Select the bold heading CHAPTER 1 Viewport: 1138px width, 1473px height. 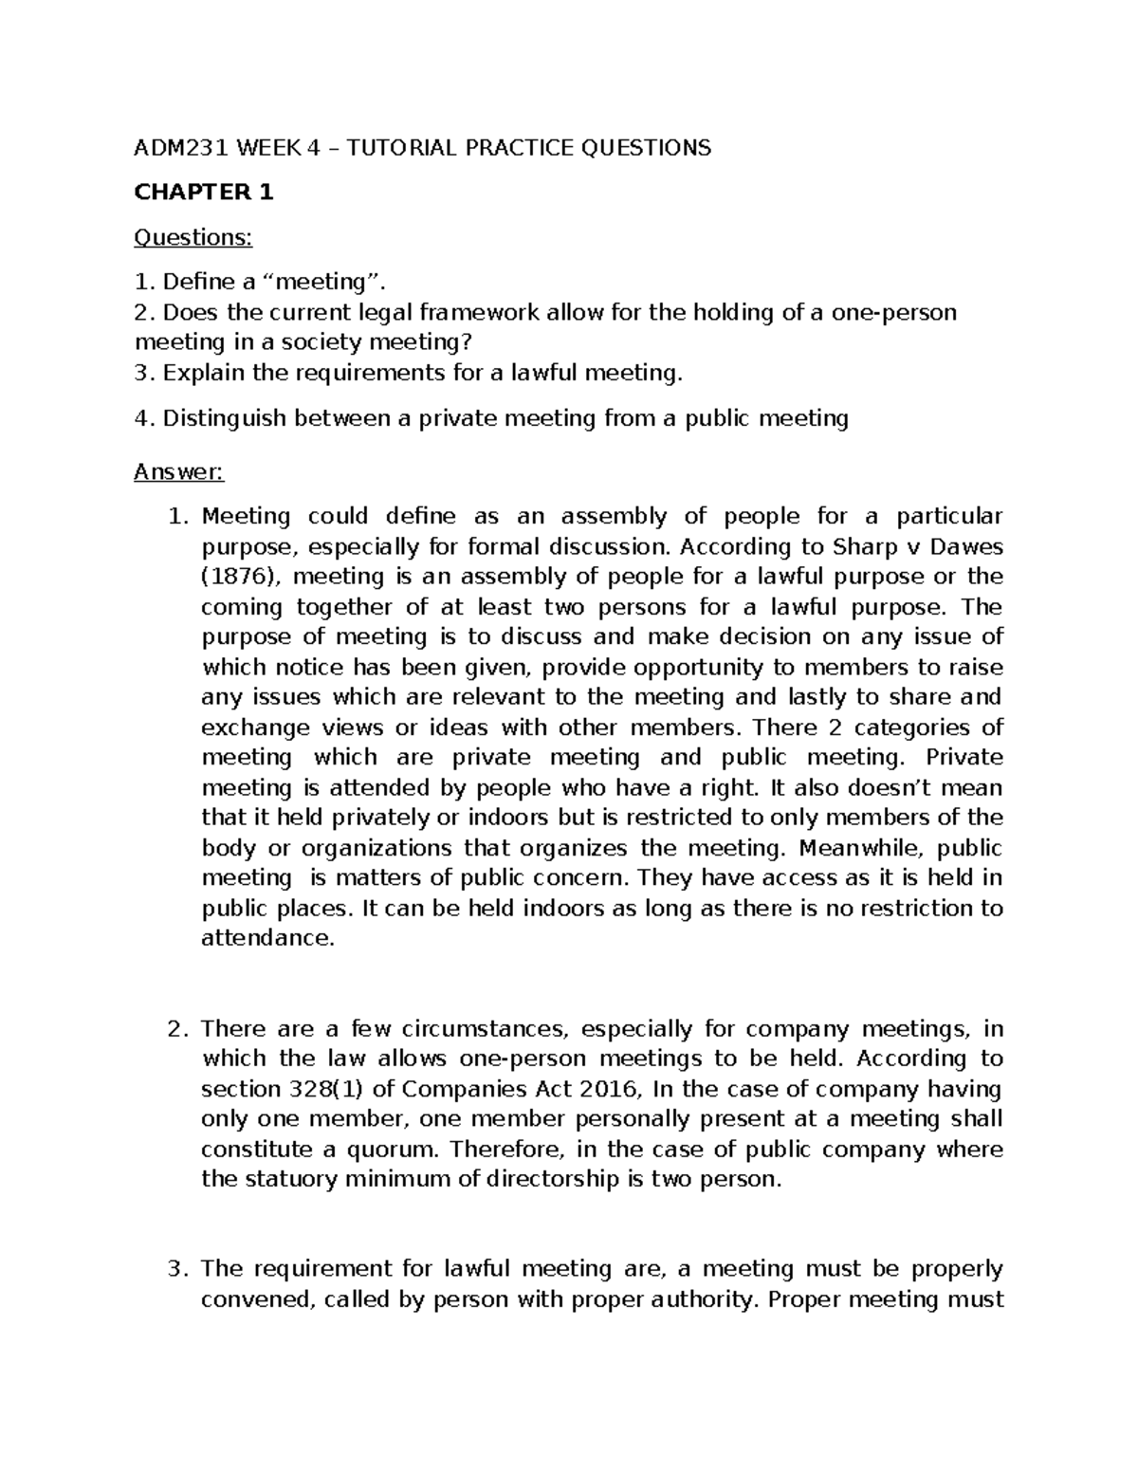204,193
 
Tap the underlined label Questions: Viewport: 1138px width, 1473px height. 193,237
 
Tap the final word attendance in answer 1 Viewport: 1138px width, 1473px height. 268,938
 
